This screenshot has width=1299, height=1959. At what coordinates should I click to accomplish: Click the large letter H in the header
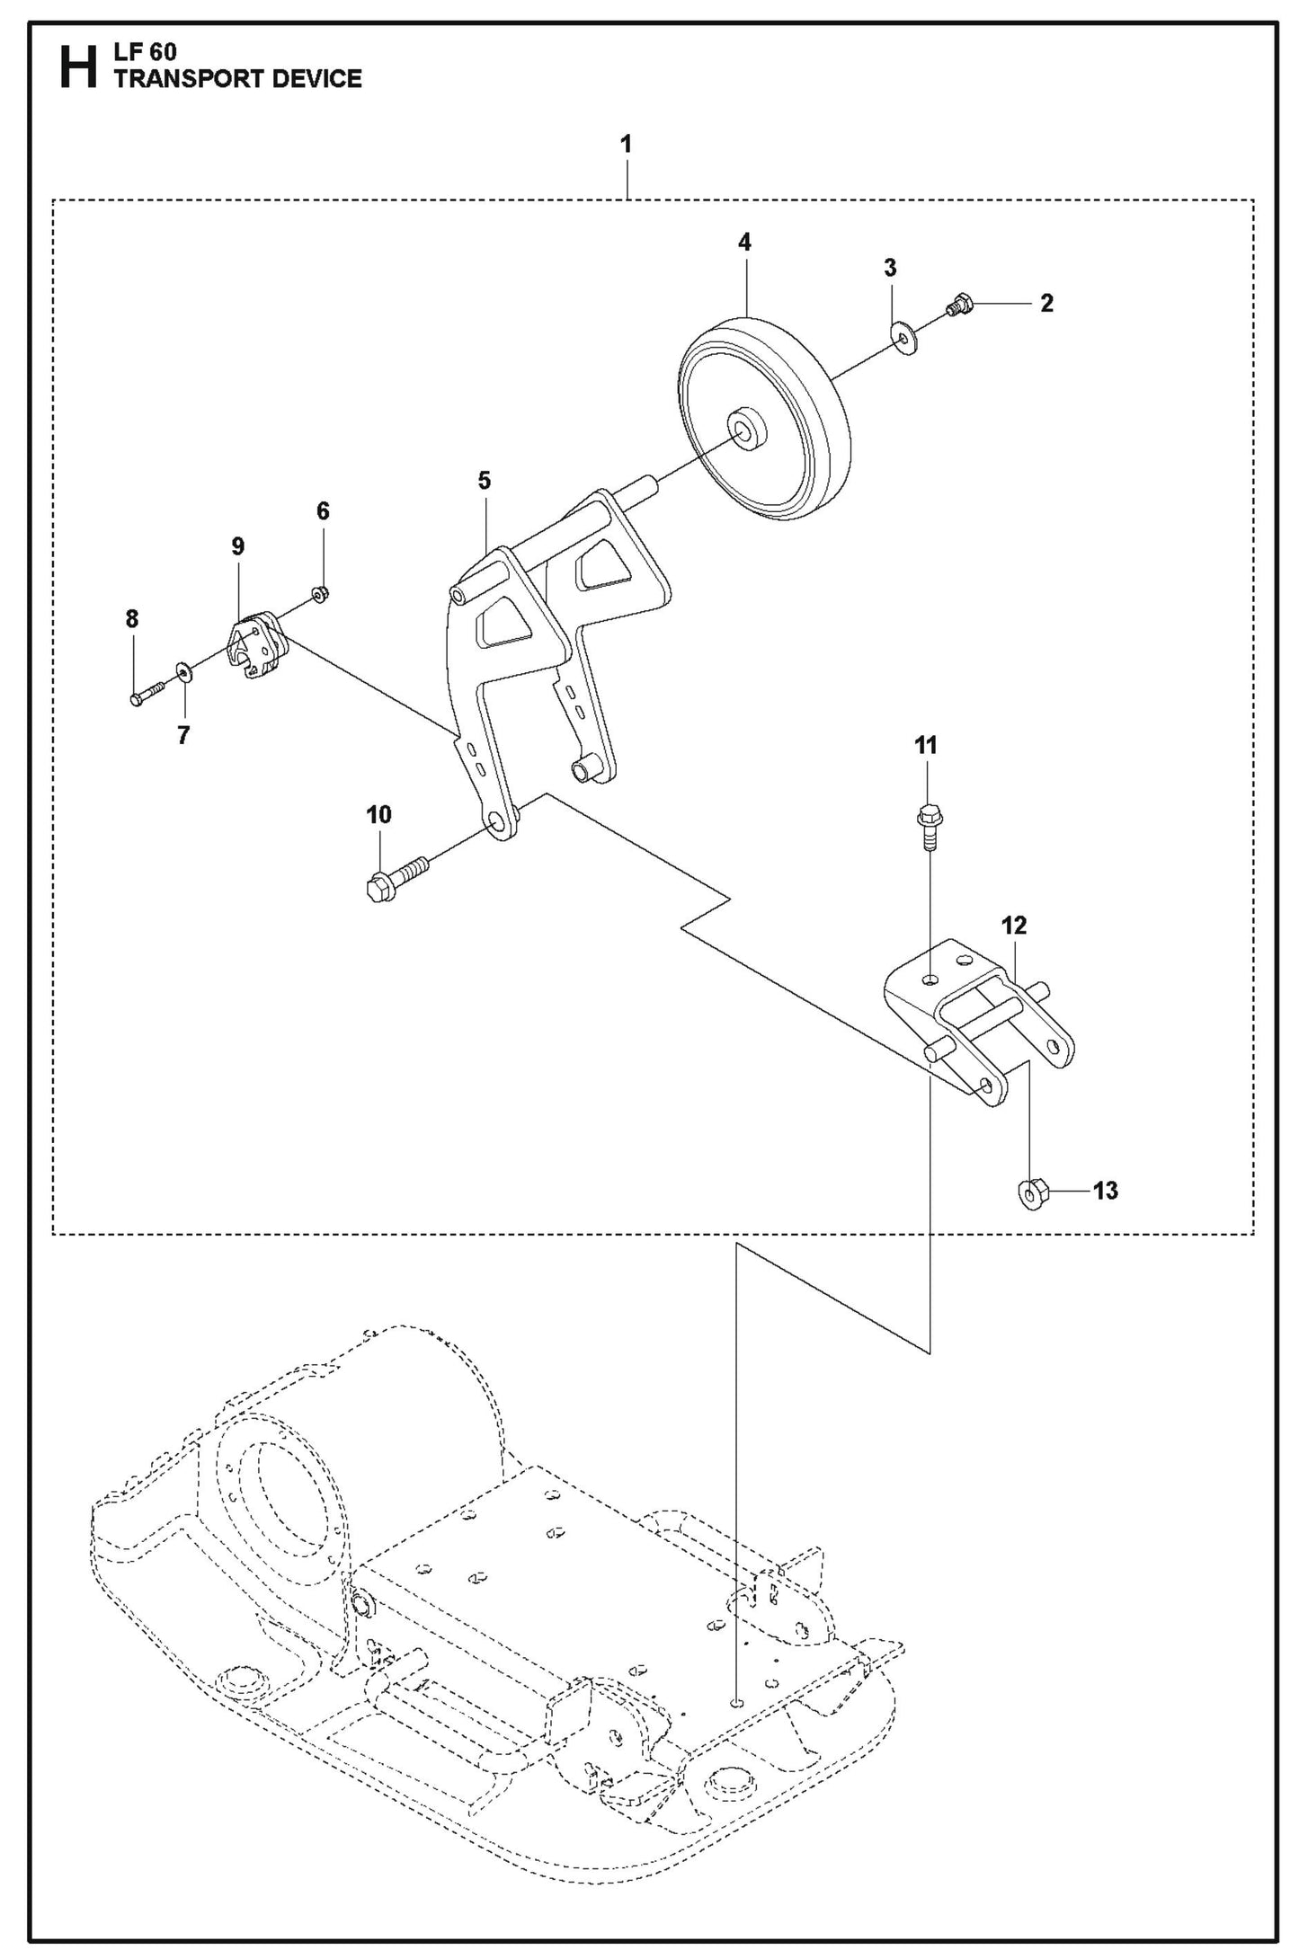(x=78, y=67)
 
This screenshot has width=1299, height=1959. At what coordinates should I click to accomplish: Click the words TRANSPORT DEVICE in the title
(x=237, y=79)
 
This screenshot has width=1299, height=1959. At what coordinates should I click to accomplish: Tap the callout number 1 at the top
(x=626, y=144)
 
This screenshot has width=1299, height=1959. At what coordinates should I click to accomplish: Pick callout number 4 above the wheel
(x=744, y=242)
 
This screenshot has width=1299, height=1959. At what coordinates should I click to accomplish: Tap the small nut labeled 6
(x=319, y=593)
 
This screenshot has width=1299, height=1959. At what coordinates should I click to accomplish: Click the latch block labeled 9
(x=254, y=645)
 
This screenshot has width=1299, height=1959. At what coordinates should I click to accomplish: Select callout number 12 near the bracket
(x=1014, y=925)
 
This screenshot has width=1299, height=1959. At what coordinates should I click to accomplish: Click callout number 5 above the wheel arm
(x=485, y=481)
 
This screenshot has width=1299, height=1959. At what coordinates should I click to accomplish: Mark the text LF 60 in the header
(x=145, y=52)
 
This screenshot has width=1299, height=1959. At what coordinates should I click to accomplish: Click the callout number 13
(x=1105, y=1191)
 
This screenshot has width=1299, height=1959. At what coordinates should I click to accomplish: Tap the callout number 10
(x=378, y=814)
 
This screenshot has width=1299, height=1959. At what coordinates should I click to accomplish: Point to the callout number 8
(x=132, y=618)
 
